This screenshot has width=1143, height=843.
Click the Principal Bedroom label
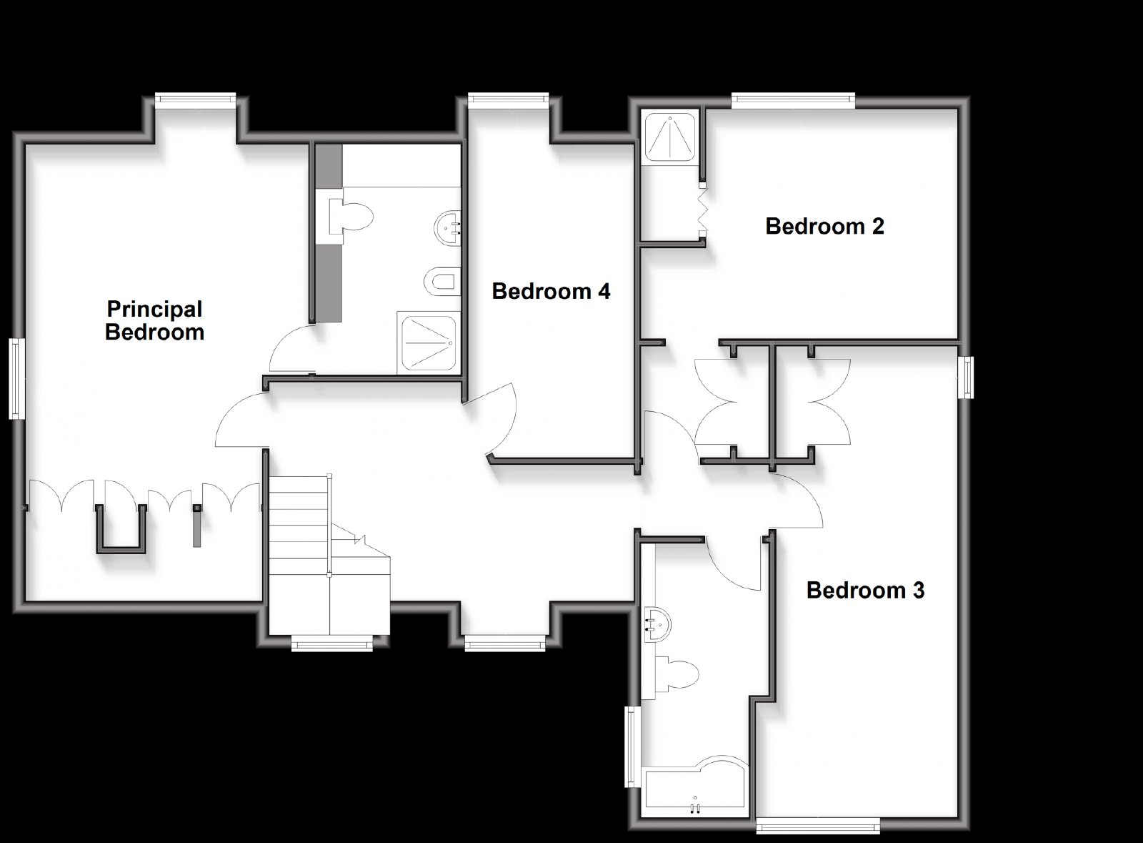click(154, 320)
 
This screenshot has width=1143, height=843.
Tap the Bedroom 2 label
click(824, 226)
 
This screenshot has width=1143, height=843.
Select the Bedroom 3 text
click(865, 591)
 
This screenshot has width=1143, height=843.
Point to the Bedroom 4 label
click(551, 291)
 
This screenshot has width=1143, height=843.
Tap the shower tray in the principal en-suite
click(428, 344)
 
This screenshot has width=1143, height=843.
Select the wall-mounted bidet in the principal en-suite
click(442, 282)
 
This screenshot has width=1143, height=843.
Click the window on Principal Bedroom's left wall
click(17, 378)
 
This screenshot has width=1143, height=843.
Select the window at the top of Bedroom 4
click(508, 100)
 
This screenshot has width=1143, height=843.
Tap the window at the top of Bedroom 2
click(793, 101)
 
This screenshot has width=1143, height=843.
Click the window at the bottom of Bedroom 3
click(818, 825)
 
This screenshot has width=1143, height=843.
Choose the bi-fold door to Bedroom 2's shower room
click(703, 209)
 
